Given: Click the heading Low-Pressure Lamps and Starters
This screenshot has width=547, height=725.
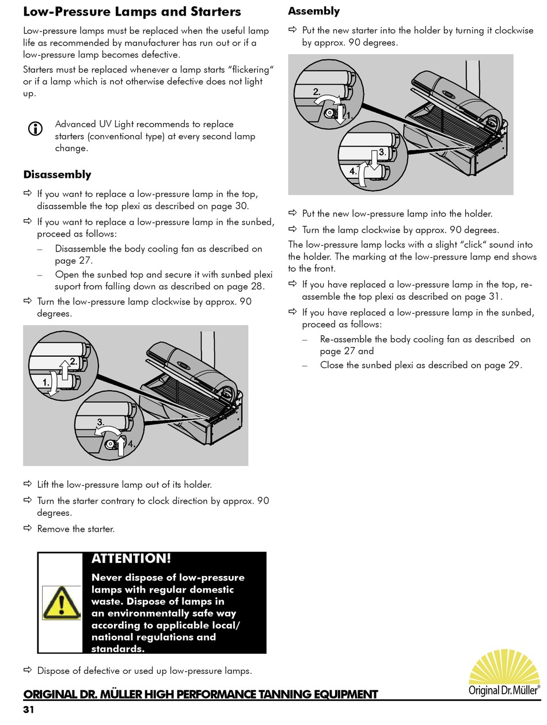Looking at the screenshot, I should [x=132, y=12].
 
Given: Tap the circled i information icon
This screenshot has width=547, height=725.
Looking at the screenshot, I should [x=35, y=129].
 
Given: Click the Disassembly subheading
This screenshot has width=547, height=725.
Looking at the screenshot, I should [x=57, y=174].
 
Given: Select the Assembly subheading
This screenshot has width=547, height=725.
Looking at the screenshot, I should [x=314, y=11].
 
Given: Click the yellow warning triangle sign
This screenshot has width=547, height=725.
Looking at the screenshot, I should [x=62, y=602].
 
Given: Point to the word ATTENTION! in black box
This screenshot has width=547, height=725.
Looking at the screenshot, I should [x=131, y=558].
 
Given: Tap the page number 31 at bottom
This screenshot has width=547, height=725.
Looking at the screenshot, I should [x=29, y=709].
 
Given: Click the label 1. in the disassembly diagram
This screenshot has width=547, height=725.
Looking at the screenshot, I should [x=46, y=381].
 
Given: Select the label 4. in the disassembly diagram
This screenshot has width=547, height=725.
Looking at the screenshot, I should [x=131, y=444].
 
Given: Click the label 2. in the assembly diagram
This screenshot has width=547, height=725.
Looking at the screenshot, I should [x=317, y=91].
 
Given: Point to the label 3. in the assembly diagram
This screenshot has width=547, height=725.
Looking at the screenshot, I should [x=382, y=152].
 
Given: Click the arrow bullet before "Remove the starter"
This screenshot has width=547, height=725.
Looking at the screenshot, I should [x=28, y=528].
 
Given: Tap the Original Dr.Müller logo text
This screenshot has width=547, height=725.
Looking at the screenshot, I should [x=504, y=689].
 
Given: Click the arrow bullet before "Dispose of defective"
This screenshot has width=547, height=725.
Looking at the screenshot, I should [x=28, y=670].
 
